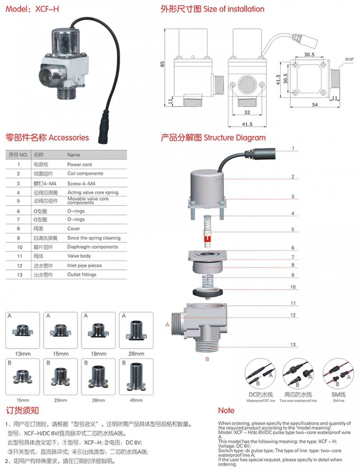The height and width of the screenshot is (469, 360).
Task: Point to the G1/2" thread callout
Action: tap(348, 60)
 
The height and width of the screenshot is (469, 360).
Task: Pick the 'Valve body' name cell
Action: tap(79, 256)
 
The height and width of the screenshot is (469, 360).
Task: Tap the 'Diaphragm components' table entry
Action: tap(92, 247)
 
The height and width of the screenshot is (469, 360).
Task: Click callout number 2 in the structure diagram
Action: tap(292, 177)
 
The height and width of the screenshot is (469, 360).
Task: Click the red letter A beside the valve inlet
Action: tap(168, 325)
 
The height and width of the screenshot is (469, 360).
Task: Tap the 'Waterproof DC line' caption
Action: tap(261, 400)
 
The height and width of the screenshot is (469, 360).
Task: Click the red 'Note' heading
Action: tap(226, 410)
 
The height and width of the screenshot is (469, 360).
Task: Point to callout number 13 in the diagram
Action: tap(292, 345)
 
